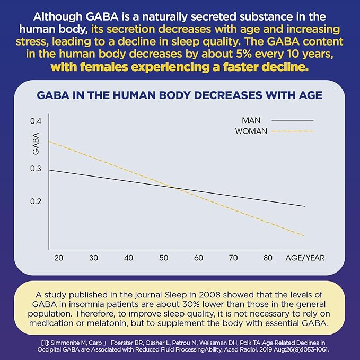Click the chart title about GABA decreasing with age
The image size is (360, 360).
coord(179,96)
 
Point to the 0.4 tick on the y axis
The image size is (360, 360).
coord(36,121)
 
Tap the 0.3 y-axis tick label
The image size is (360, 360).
coord(36,169)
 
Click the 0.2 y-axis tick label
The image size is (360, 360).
coord(36,201)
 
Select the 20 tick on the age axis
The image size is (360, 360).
coord(59,258)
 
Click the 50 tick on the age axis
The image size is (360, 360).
coord(164,258)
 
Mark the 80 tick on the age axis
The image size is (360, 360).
coord(268,258)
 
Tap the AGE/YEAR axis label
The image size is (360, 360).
coord(305,258)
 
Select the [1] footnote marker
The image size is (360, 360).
coord(46,343)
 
